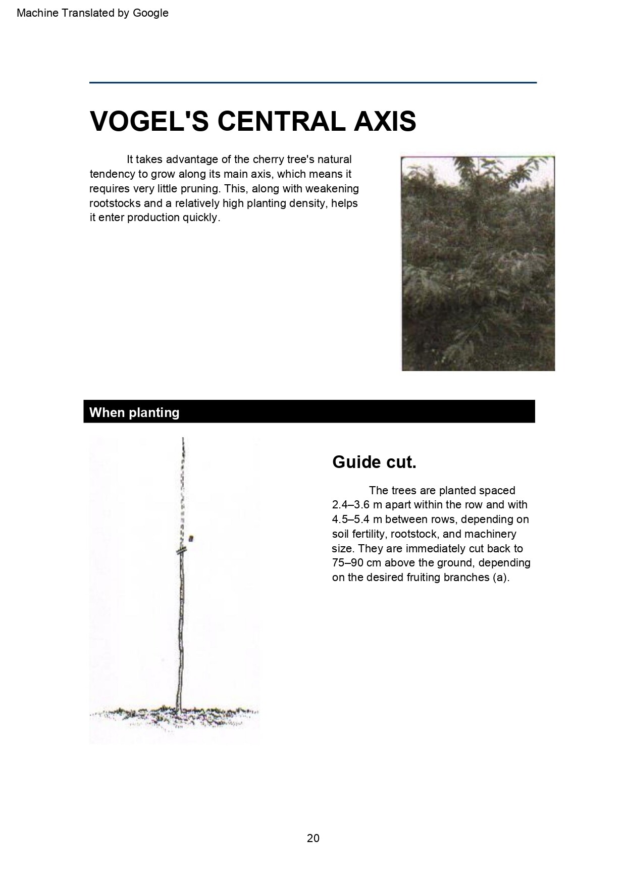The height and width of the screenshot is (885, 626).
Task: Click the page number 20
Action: pyautogui.click(x=313, y=838)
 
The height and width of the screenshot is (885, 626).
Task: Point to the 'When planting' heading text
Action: pyautogui.click(x=134, y=412)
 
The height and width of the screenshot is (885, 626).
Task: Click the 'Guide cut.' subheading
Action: pyautogui.click(x=374, y=462)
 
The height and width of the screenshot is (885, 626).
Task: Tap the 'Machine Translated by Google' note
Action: pyautogui.click(x=92, y=13)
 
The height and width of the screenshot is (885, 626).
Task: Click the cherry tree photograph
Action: pyautogui.click(x=478, y=263)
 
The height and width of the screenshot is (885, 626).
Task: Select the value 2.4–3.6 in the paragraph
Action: pyautogui.click(x=350, y=505)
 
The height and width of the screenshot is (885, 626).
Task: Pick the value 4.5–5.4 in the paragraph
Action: pyautogui.click(x=350, y=519)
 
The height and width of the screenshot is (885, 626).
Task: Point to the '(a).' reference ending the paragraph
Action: pyautogui.click(x=501, y=578)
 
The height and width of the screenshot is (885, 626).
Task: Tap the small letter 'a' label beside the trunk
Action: pyautogui.click(x=191, y=538)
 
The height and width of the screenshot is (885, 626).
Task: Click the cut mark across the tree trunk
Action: pyautogui.click(x=182, y=550)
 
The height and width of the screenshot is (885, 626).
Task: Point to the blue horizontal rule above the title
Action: pyautogui.click(x=313, y=82)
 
